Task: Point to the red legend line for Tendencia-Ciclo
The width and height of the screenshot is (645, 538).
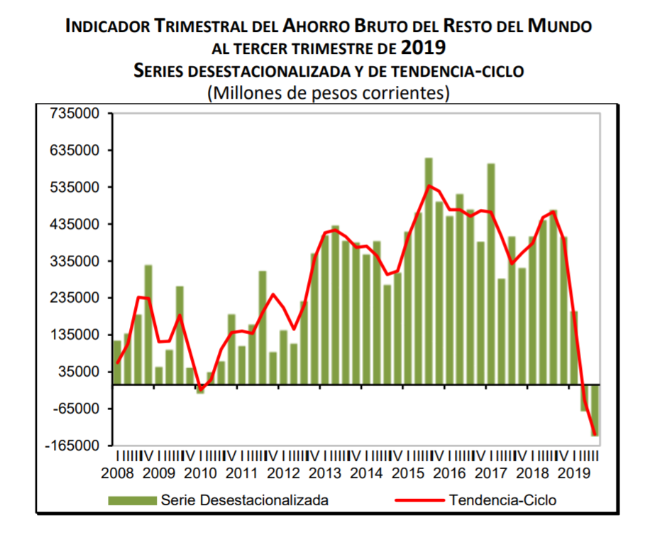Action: click(x=418, y=500)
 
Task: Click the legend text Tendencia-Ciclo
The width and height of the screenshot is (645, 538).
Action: click(x=502, y=500)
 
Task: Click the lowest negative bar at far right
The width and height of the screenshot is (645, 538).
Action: click(x=594, y=410)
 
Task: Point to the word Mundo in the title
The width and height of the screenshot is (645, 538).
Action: click(x=560, y=27)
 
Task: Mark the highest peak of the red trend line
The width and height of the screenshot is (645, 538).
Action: click(x=429, y=186)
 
